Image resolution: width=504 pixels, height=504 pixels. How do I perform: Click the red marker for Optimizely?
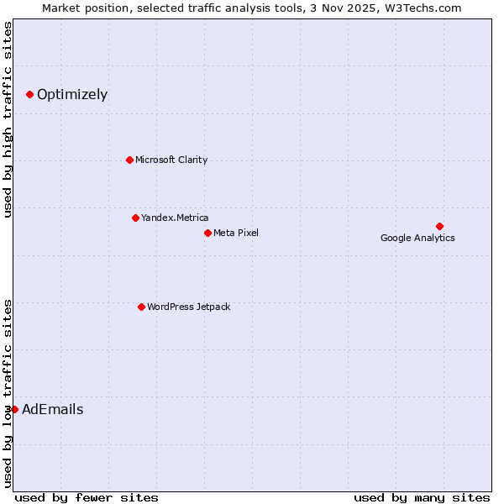[29, 94]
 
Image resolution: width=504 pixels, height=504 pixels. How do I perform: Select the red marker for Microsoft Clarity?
[129, 160]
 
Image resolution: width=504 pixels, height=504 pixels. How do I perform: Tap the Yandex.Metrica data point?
[135, 218]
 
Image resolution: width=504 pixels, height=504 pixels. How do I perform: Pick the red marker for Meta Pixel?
[207, 233]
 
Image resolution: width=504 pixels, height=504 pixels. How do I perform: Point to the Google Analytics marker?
[439, 226]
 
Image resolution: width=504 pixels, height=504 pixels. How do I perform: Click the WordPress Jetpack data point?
[141, 307]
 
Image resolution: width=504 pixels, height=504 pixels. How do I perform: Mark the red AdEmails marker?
[14, 409]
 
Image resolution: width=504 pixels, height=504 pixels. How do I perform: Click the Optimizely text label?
[72, 94]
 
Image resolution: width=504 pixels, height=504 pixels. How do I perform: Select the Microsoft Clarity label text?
[171, 160]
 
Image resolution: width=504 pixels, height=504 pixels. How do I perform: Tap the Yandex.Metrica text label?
[175, 218]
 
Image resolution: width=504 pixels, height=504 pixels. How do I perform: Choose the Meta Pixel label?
[236, 233]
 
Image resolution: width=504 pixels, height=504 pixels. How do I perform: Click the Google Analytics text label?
[417, 238]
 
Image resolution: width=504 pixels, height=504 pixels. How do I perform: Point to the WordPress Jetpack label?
[188, 307]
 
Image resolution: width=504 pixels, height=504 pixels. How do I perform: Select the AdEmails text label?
[52, 410]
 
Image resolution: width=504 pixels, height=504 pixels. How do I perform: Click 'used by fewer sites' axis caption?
[87, 497]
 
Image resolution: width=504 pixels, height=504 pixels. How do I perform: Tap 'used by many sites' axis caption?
[422, 497]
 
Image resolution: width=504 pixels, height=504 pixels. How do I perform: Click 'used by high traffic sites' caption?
[8, 120]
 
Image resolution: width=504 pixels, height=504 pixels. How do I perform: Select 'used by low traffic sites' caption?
[8, 391]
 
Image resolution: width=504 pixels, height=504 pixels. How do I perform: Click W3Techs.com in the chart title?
[432, 8]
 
